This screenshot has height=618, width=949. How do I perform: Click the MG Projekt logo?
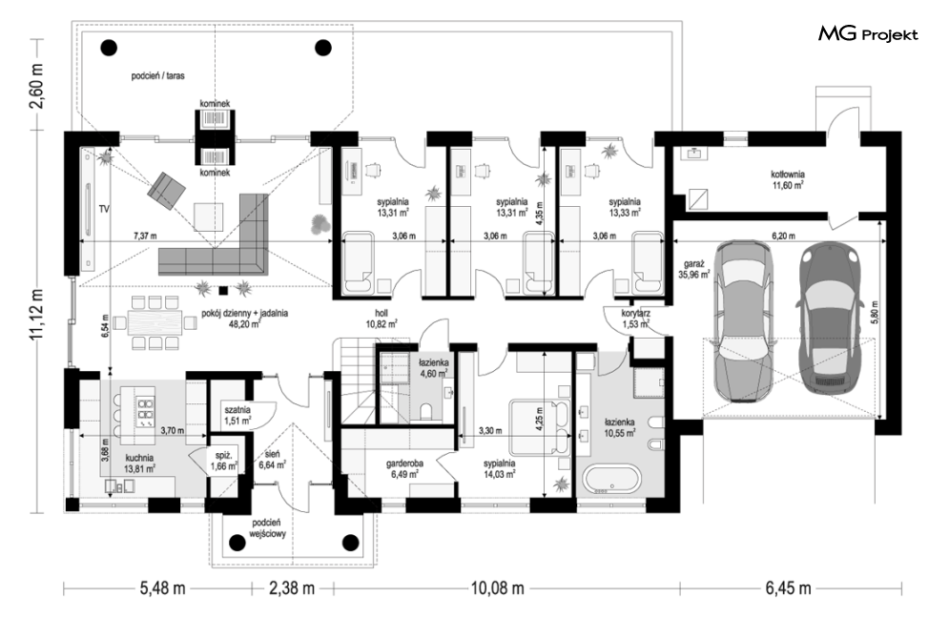coord(868,34)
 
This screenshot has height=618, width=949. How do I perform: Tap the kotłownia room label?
coord(788,179)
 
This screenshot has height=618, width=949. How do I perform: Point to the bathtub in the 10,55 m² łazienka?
coord(611,480)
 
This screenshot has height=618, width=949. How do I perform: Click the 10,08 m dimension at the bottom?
coord(497,587)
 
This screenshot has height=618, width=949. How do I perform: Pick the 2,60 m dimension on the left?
coord(37,85)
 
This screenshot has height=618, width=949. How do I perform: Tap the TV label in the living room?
coord(104,209)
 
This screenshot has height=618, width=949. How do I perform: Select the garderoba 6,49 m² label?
coord(405,468)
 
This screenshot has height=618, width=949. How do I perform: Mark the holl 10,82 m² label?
coord(382,319)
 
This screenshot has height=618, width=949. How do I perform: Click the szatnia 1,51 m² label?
coord(237,415)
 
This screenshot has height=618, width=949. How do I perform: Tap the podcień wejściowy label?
coord(266,528)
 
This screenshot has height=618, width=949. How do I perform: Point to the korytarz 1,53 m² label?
coord(635,319)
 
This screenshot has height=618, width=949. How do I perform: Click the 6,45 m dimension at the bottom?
coord(789,587)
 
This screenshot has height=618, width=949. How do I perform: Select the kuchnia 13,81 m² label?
coord(139,463)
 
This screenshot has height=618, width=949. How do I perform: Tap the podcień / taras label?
coord(158,76)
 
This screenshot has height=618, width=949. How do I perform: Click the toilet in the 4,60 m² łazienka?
coord(426,412)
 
